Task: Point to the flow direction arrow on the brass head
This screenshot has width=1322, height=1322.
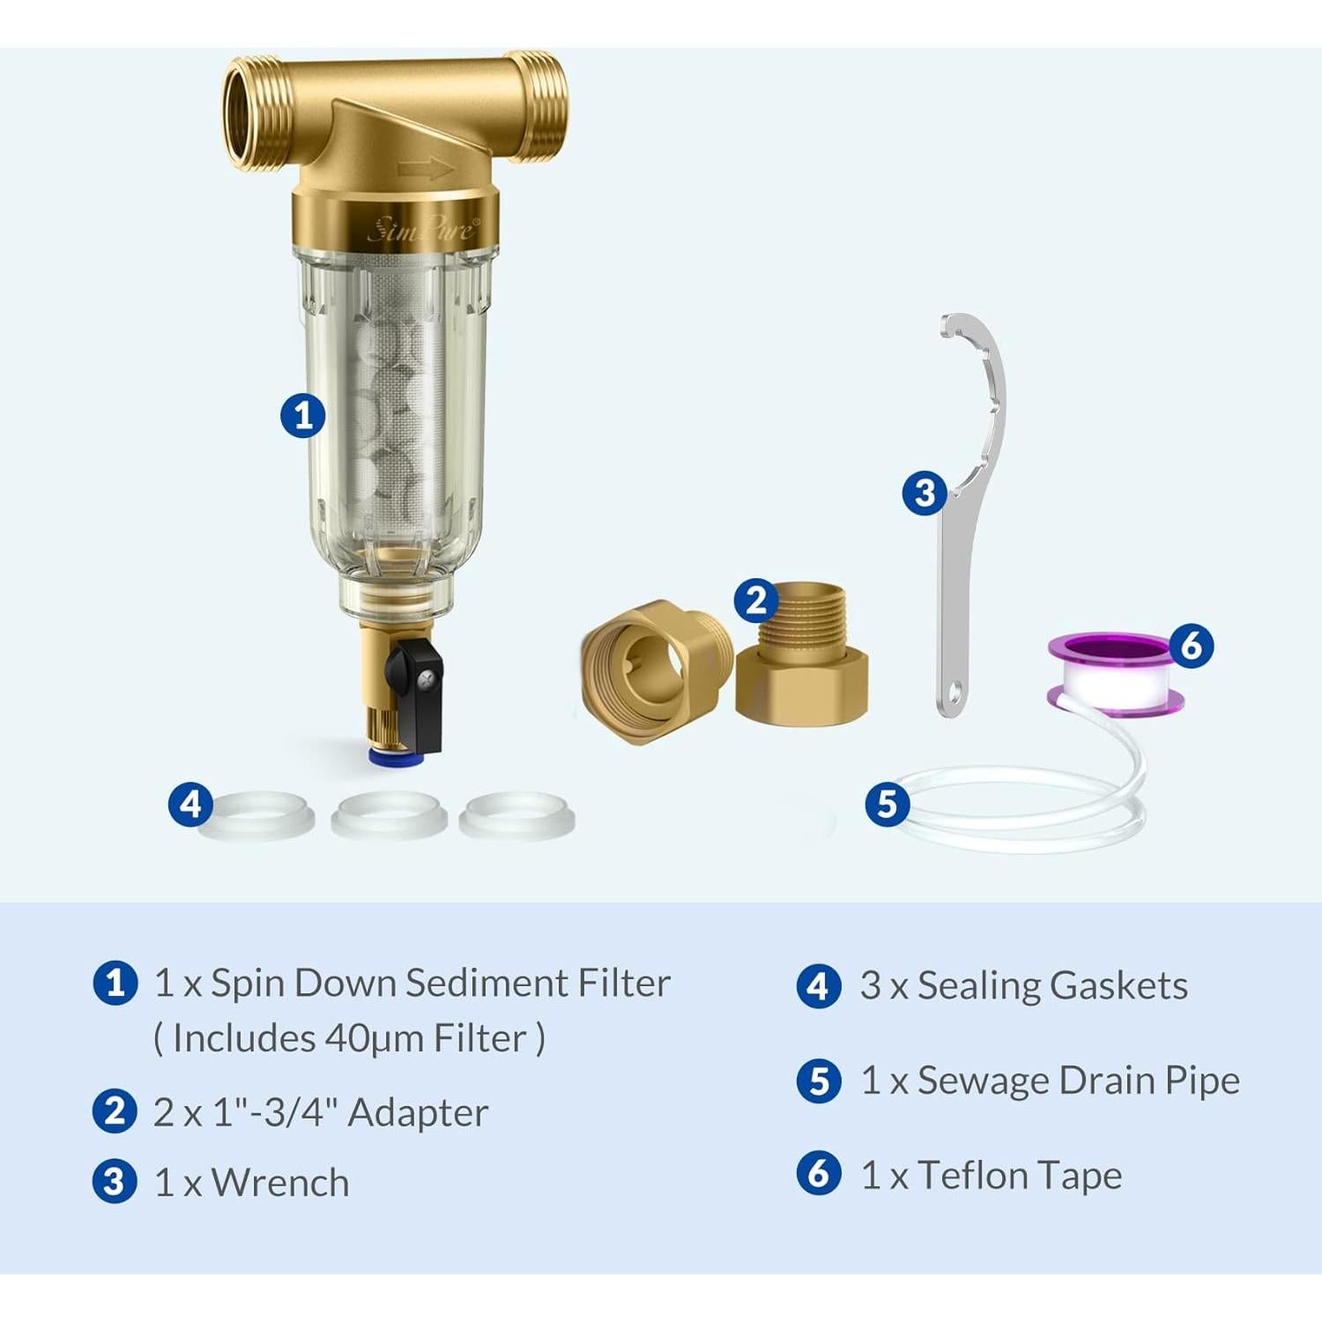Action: click(426, 168)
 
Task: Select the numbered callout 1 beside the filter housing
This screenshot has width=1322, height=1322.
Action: click(303, 415)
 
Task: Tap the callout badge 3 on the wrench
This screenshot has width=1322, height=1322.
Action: click(925, 493)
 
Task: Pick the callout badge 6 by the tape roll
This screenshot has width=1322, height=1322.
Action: click(1192, 646)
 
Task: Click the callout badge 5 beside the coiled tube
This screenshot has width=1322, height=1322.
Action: click(887, 804)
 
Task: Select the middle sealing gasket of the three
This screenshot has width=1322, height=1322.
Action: click(389, 814)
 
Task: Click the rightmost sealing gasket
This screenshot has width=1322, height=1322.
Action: click(517, 814)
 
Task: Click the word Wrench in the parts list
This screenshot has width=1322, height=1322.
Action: click(280, 1183)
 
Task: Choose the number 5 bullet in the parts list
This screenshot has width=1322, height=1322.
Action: click(819, 1081)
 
